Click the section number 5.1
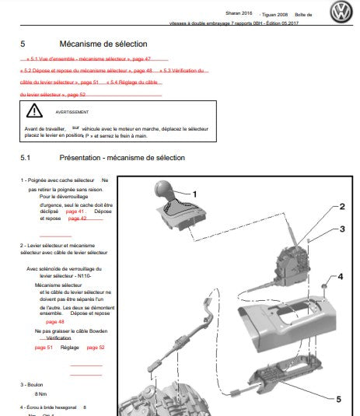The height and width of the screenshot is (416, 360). (x=25, y=158)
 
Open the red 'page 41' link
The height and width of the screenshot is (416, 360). (x=75, y=211)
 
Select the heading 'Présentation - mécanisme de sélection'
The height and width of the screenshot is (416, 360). (x=122, y=158)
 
